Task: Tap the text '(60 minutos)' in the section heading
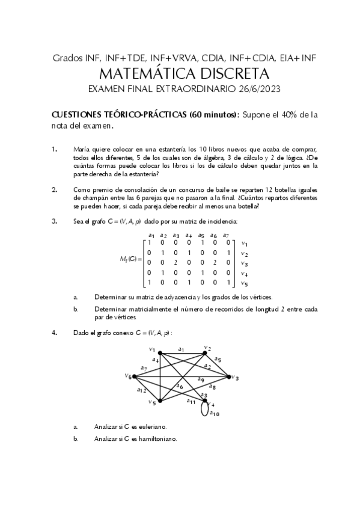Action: (213, 114)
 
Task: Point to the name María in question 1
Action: (81, 149)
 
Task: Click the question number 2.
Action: (55, 189)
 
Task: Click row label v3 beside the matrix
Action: (243, 263)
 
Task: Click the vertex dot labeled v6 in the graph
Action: (133, 377)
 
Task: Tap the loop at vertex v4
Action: (207, 411)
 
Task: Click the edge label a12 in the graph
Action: (142, 390)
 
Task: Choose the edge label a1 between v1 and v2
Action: (181, 348)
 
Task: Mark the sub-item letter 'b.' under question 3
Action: (76, 309)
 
